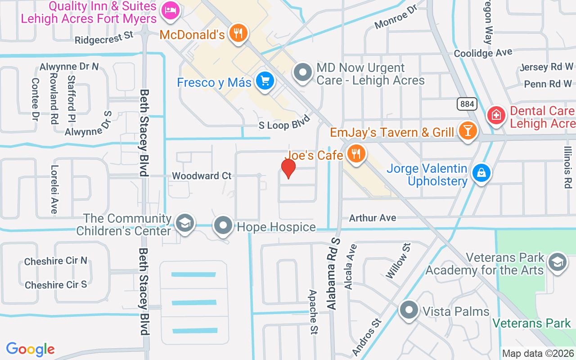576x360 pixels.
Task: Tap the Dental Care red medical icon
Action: (x=496, y=116)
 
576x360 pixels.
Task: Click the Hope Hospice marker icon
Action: (x=223, y=225)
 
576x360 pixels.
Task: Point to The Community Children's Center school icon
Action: (x=184, y=223)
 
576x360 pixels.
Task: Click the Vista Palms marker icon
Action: (x=409, y=310)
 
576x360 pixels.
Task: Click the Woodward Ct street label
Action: (x=202, y=176)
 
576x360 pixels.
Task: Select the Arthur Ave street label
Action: (x=373, y=218)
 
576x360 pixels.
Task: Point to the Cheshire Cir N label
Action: (x=56, y=261)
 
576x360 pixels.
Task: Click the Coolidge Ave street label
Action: (x=483, y=53)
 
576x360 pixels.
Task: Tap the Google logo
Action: (x=31, y=349)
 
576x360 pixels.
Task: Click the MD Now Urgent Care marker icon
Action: (x=303, y=73)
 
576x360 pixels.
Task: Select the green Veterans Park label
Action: (x=531, y=323)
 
